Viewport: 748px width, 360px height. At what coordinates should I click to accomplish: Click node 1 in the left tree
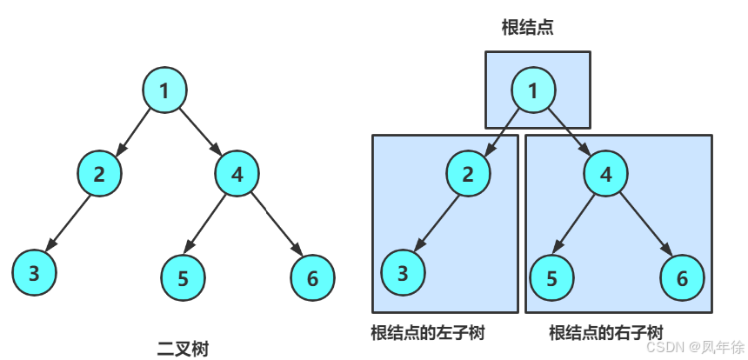[x=165, y=89]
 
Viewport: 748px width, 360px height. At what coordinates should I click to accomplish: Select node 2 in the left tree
[x=99, y=172]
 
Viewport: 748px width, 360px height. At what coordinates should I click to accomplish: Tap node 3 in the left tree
[x=34, y=273]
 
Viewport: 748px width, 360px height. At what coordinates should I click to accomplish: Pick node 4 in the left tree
[x=237, y=172]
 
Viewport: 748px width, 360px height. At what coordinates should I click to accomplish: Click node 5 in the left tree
[x=183, y=278]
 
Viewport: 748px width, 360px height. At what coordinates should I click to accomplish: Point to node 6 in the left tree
[x=312, y=278]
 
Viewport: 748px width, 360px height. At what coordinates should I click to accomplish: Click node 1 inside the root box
[x=533, y=89]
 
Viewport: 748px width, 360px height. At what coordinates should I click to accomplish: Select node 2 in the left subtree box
[x=468, y=172]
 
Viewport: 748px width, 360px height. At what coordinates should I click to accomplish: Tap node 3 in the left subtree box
[x=403, y=273]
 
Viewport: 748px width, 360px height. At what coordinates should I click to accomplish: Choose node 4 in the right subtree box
[x=606, y=172]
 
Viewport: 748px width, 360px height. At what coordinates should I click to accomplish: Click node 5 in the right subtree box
[x=551, y=278]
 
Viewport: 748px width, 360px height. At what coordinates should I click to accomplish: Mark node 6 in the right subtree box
[x=681, y=278]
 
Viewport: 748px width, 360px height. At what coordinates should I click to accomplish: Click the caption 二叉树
[x=182, y=349]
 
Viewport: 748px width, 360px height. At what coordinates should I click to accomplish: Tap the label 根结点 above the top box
[x=528, y=28]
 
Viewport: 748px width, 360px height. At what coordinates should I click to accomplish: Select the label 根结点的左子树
[x=427, y=333]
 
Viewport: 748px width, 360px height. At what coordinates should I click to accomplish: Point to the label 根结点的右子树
[x=606, y=333]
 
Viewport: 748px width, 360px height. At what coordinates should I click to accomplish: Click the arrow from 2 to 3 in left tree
[x=68, y=223]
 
